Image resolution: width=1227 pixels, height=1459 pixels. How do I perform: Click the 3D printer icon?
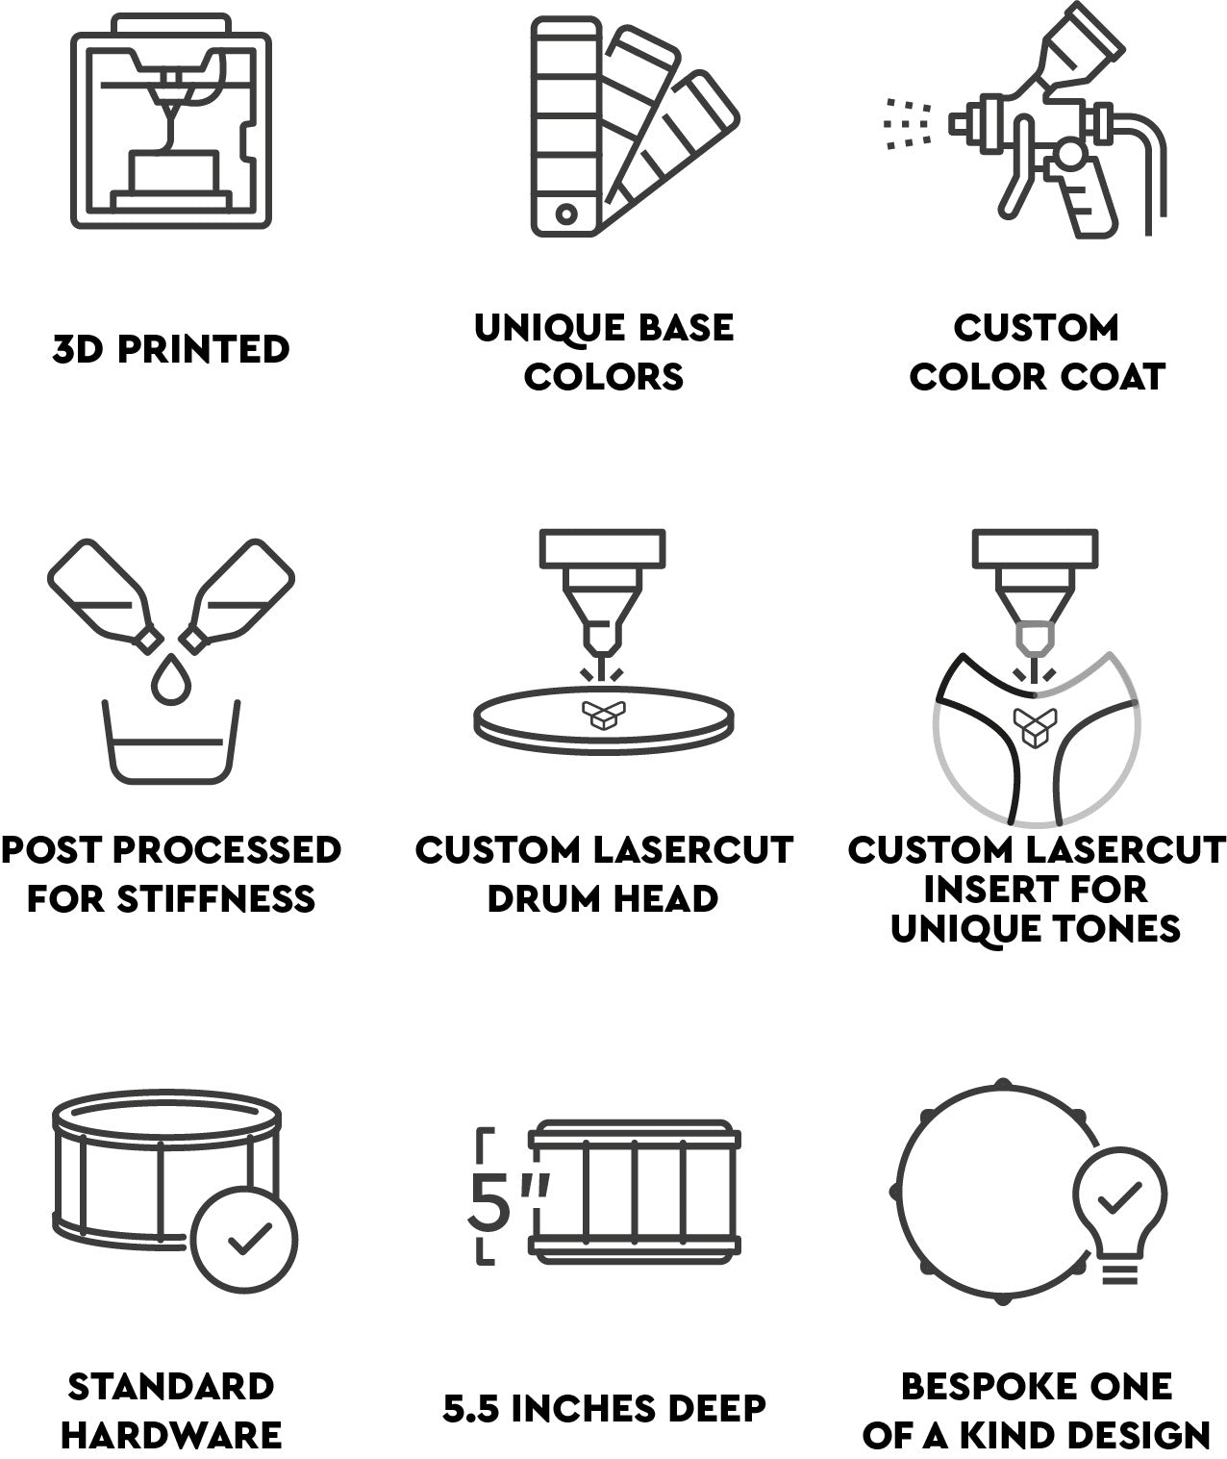click(x=171, y=121)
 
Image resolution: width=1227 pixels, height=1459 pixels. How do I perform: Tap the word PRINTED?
click(x=203, y=349)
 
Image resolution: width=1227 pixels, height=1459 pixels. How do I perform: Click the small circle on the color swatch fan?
click(x=566, y=214)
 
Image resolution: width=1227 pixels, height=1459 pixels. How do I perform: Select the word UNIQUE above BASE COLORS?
click(x=548, y=328)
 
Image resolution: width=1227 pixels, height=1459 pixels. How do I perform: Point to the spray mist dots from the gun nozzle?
click(x=907, y=124)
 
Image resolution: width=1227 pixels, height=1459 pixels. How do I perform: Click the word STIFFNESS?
click(x=216, y=898)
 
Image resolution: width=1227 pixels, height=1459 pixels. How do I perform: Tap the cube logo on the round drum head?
click(x=603, y=715)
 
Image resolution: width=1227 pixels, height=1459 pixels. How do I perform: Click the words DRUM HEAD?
click(x=603, y=898)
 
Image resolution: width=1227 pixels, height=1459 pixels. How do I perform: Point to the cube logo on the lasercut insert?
click(x=1035, y=728)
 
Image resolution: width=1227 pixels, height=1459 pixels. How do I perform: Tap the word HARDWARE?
click(x=171, y=1435)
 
